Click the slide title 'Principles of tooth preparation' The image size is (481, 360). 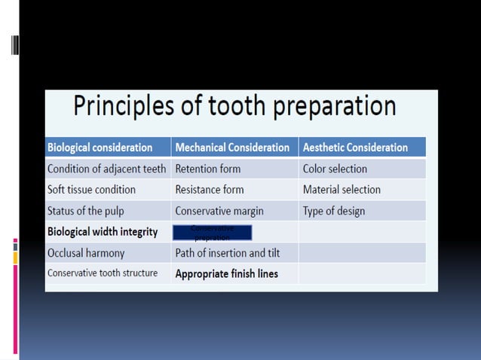(234, 107)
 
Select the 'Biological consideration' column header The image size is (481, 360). (100, 148)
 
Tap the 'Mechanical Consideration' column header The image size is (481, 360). (232, 148)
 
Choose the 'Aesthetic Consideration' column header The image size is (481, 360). (355, 148)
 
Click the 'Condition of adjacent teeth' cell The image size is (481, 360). (106, 169)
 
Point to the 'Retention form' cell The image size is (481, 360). (207, 169)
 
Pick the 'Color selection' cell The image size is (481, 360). (335, 169)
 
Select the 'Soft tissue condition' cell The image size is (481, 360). (91, 190)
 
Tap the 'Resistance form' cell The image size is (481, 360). (210, 190)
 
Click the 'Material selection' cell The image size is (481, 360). (342, 190)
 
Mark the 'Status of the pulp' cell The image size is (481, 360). (87, 211)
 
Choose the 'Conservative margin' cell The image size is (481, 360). (219, 211)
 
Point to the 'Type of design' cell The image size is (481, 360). (333, 211)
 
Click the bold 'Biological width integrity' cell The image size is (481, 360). (103, 232)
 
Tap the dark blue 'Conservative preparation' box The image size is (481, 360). (212, 232)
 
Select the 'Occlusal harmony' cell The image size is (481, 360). (86, 253)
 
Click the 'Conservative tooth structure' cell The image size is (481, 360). (103, 273)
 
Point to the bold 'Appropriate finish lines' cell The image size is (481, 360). (226, 274)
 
